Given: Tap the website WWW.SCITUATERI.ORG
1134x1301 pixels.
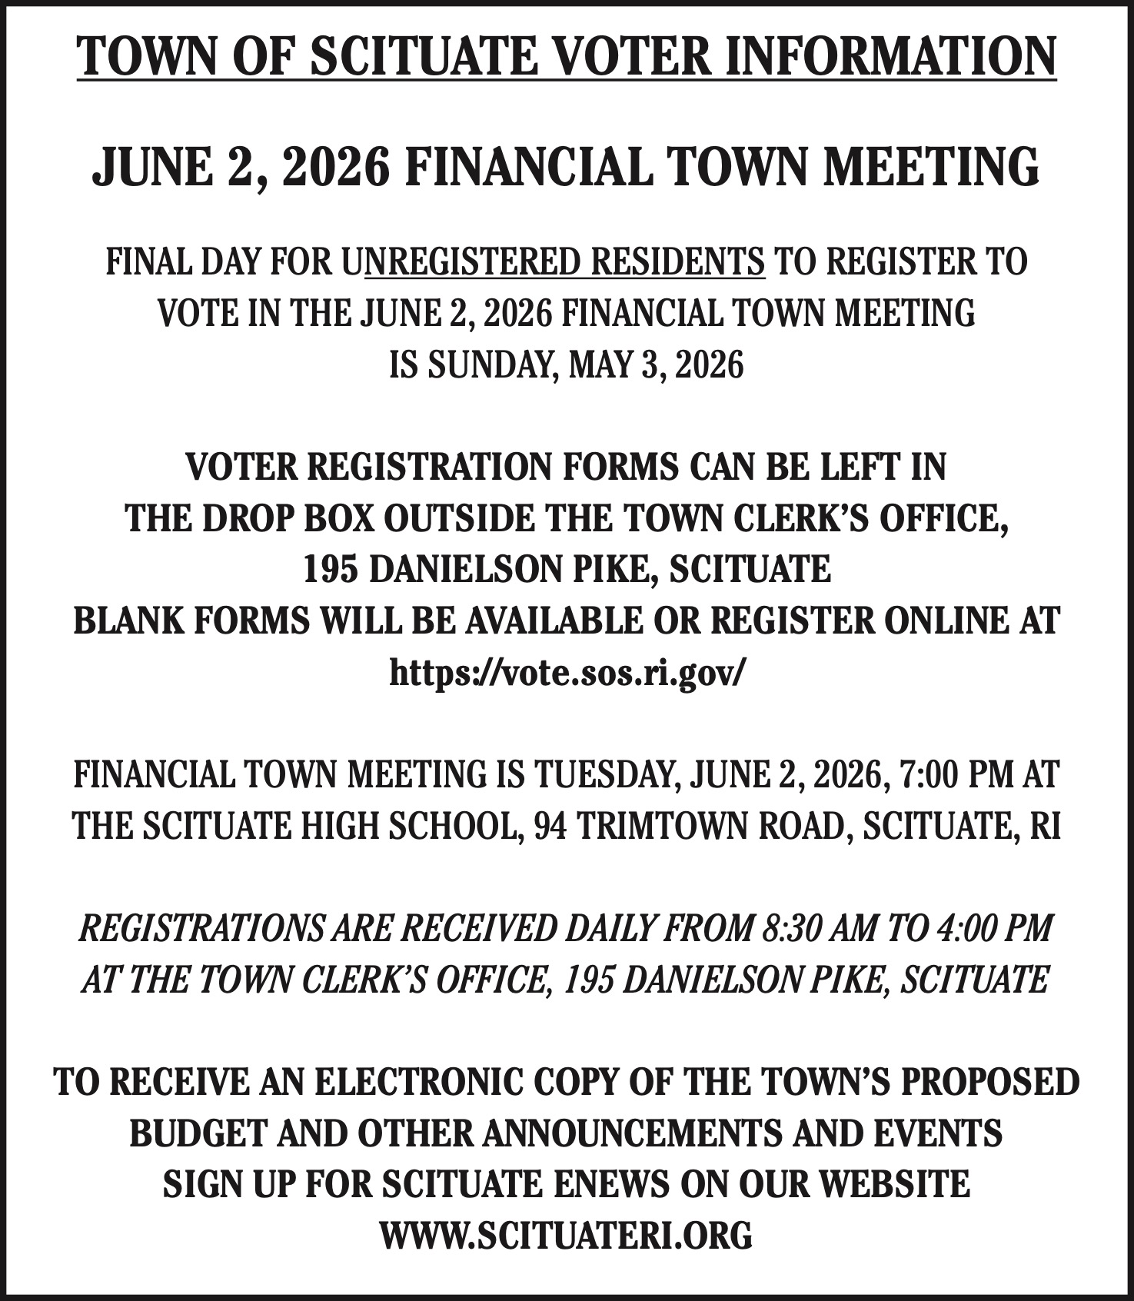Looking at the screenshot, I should pos(567,1236).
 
